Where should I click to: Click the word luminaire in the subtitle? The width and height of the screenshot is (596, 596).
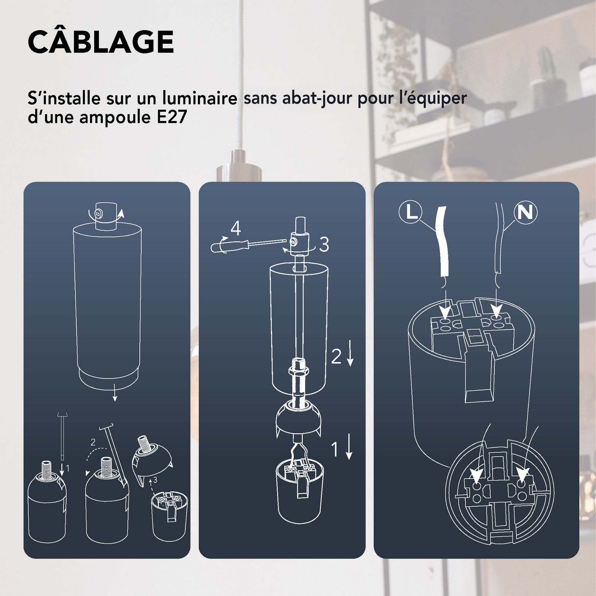(200, 98)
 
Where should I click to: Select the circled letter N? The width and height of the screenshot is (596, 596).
(525, 213)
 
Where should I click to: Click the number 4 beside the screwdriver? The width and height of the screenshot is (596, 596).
(235, 228)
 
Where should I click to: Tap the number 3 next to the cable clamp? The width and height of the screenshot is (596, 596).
(324, 244)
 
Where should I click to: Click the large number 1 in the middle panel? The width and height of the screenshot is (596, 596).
(335, 450)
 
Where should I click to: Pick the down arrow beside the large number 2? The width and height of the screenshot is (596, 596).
(350, 353)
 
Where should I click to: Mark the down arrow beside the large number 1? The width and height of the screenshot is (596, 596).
(349, 447)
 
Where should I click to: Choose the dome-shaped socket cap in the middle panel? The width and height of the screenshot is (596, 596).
(298, 417)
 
